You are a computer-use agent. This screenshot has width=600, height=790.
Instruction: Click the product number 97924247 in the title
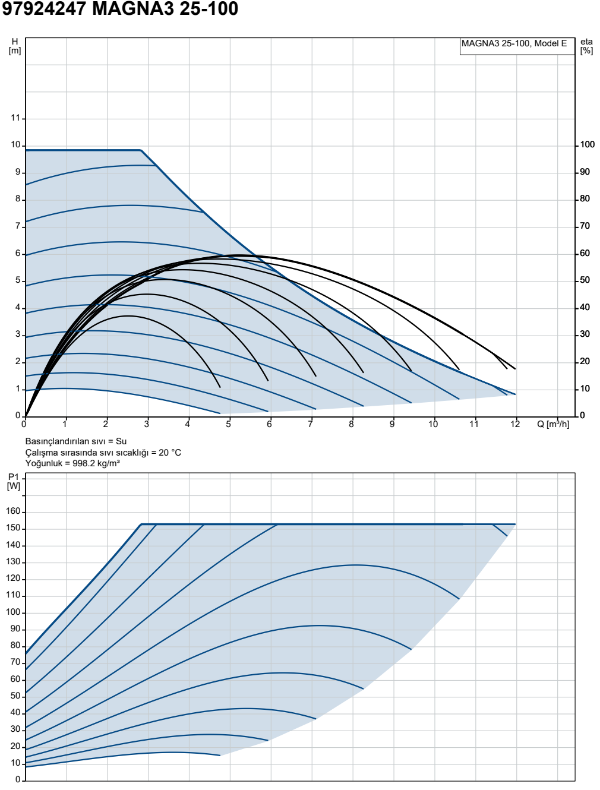[x=44, y=9]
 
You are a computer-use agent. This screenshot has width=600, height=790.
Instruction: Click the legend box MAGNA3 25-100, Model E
[x=517, y=46]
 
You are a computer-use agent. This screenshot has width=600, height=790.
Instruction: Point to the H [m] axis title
[x=15, y=46]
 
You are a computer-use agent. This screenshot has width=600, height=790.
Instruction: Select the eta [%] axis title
[x=586, y=46]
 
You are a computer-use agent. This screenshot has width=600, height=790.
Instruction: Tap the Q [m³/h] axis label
[x=553, y=424]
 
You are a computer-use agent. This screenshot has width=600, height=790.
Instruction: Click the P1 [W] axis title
[x=14, y=482]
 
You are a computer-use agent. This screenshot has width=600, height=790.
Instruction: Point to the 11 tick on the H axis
[x=16, y=118]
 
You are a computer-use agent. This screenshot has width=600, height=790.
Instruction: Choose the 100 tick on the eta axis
[x=588, y=145]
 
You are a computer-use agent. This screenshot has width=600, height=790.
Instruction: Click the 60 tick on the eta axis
[x=585, y=254]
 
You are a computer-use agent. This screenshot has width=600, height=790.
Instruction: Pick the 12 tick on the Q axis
[x=516, y=424]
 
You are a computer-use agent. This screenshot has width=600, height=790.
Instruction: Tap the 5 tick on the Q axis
[x=228, y=424]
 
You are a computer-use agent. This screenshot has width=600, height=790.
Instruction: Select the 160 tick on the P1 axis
[x=13, y=511]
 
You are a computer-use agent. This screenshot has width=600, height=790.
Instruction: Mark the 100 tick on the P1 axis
[x=13, y=612]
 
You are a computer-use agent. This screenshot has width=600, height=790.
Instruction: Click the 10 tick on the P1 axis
[x=16, y=763]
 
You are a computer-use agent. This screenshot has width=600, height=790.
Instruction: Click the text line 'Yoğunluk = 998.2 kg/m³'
[x=72, y=463]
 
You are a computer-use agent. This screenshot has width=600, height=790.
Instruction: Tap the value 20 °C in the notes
[x=170, y=453]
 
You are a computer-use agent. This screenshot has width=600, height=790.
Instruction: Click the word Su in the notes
[x=121, y=441]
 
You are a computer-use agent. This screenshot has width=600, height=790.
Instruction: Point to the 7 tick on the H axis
[x=18, y=226]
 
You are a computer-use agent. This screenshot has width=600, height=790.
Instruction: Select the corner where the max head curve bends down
[x=141, y=150]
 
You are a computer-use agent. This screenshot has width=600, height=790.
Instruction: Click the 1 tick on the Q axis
[x=65, y=424]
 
